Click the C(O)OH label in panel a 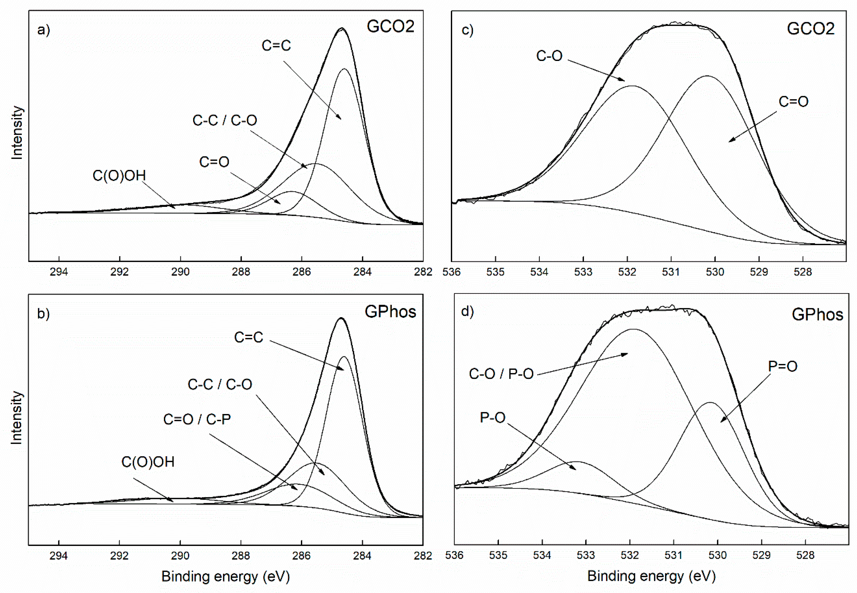pyautogui.click(x=119, y=176)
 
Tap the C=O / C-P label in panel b pyautogui.click(x=197, y=419)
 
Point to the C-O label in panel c pyautogui.click(x=549, y=56)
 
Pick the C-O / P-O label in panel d pyautogui.click(x=501, y=374)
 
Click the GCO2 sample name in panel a pyautogui.click(x=390, y=27)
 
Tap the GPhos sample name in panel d pyautogui.click(x=817, y=315)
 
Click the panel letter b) pyautogui.click(x=43, y=314)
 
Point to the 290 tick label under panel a pyautogui.click(x=180, y=272)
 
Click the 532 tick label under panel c pyautogui.click(x=627, y=272)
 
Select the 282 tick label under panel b pyautogui.click(x=423, y=556)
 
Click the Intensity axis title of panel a pyautogui.click(x=17, y=133)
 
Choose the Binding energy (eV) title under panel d pyautogui.click(x=651, y=576)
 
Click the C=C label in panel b pyautogui.click(x=248, y=337)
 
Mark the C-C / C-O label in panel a pyautogui.click(x=225, y=120)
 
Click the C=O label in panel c pyautogui.click(x=793, y=102)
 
